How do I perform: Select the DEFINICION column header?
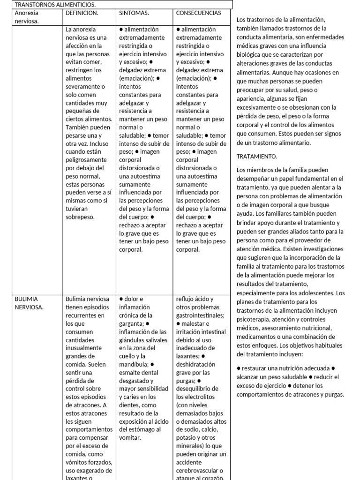(x=82, y=13)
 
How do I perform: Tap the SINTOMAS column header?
(x=134, y=13)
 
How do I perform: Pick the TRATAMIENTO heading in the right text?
(x=257, y=156)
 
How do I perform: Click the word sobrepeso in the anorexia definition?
(x=81, y=217)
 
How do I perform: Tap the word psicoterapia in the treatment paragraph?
(x=256, y=319)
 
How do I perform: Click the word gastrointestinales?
(x=200, y=315)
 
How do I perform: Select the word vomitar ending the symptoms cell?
(x=130, y=438)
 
